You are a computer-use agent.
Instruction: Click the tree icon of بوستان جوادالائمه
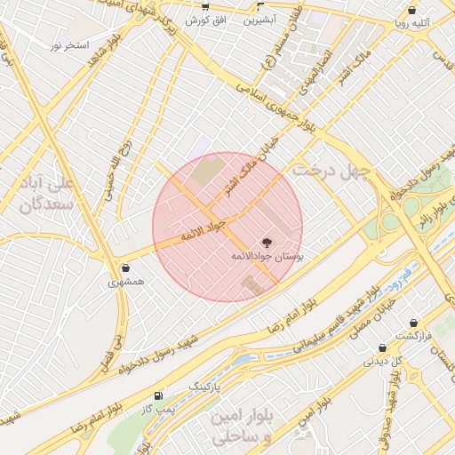(x=265, y=241)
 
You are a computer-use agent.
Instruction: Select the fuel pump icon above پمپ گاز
(x=159, y=395)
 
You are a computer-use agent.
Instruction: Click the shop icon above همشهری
(x=124, y=267)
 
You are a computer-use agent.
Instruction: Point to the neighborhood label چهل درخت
(x=333, y=170)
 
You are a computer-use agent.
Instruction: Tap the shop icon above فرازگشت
(x=413, y=324)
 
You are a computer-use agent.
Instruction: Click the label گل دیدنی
(x=383, y=363)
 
